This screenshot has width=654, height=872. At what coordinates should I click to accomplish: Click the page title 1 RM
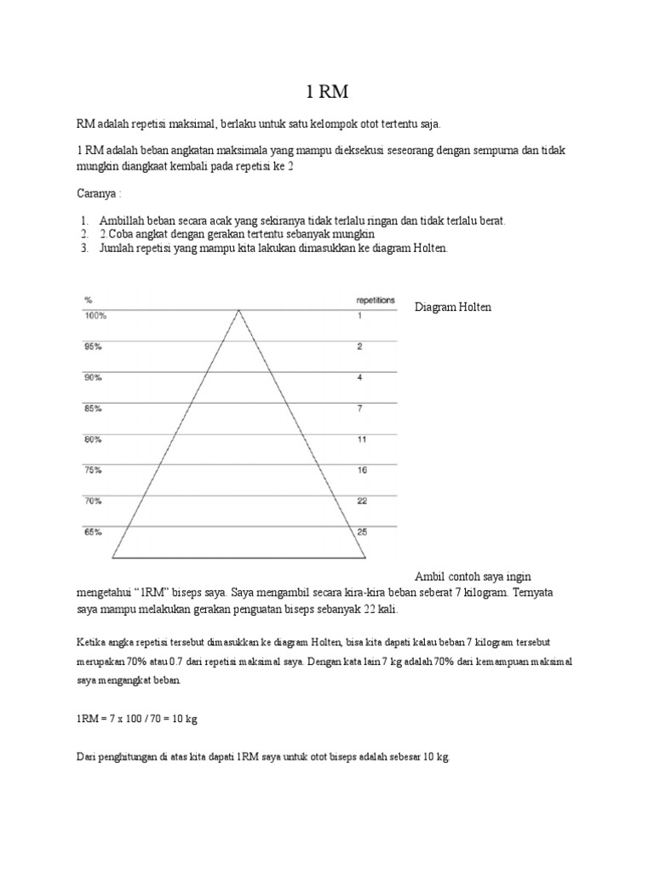pyautogui.click(x=327, y=92)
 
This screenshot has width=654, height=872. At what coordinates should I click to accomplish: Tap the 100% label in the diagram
pyautogui.click(x=95, y=316)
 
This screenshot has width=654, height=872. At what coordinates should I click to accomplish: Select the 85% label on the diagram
pyautogui.click(x=93, y=408)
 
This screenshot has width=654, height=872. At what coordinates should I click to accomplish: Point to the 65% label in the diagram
pyautogui.click(x=93, y=532)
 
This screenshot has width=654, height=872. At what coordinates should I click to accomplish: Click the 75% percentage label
pyautogui.click(x=93, y=470)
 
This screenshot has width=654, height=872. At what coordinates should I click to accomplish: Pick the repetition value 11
pyautogui.click(x=361, y=439)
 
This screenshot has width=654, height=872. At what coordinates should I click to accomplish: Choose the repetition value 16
pyautogui.click(x=361, y=470)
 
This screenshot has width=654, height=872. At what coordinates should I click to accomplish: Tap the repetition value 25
pyautogui.click(x=361, y=532)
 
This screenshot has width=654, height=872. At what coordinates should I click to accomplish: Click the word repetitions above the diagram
pyautogui.click(x=375, y=301)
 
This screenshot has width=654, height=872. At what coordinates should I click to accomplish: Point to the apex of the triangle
pyautogui.click(x=239, y=310)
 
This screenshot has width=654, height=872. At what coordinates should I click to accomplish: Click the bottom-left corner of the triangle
pyautogui.click(x=113, y=558)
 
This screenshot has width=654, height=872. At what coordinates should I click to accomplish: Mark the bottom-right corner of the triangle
pyautogui.click(x=366, y=558)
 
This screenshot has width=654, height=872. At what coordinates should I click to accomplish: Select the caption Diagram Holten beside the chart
pyautogui.click(x=453, y=307)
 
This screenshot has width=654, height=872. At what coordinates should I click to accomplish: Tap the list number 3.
pyautogui.click(x=85, y=249)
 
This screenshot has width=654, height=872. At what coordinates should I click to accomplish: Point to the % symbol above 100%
pyautogui.click(x=87, y=301)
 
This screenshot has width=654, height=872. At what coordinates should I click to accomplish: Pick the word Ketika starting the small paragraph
pyautogui.click(x=90, y=640)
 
